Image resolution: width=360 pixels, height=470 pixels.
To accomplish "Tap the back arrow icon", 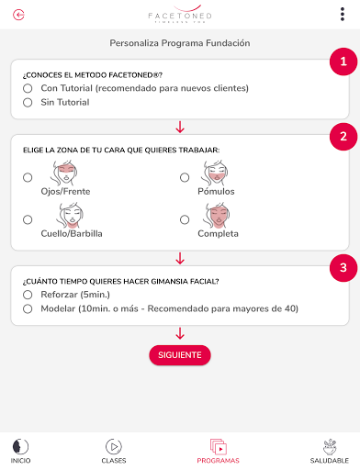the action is (18, 15).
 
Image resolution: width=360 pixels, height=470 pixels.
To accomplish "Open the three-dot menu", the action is (343, 15).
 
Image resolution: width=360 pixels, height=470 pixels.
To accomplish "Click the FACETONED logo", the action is (180, 14).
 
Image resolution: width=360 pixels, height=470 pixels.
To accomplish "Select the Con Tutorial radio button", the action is (28, 88).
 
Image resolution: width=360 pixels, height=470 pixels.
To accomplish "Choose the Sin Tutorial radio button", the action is (28, 103).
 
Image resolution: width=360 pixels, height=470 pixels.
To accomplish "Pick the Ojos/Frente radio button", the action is (28, 177).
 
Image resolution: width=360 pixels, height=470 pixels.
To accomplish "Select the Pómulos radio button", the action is (185, 177).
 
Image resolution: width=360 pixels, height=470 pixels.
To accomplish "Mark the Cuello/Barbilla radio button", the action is (28, 219).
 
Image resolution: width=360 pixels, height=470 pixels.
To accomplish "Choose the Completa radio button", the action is (185, 219).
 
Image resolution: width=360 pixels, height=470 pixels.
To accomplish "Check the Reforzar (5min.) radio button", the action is (28, 295).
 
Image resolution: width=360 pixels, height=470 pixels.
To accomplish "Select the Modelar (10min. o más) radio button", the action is (28, 308).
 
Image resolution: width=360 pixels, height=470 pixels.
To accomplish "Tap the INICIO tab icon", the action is (20, 446).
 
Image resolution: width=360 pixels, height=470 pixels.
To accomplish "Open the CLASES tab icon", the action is (114, 447).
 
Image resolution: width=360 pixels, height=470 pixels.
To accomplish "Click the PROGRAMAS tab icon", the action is (219, 447).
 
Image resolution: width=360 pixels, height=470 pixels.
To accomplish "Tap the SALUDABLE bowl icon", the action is (330, 447).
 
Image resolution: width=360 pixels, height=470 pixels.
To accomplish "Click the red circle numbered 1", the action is (343, 62).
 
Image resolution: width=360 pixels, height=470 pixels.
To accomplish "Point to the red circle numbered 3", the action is (343, 268).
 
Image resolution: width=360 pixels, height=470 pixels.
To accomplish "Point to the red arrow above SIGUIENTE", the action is (180, 333).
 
